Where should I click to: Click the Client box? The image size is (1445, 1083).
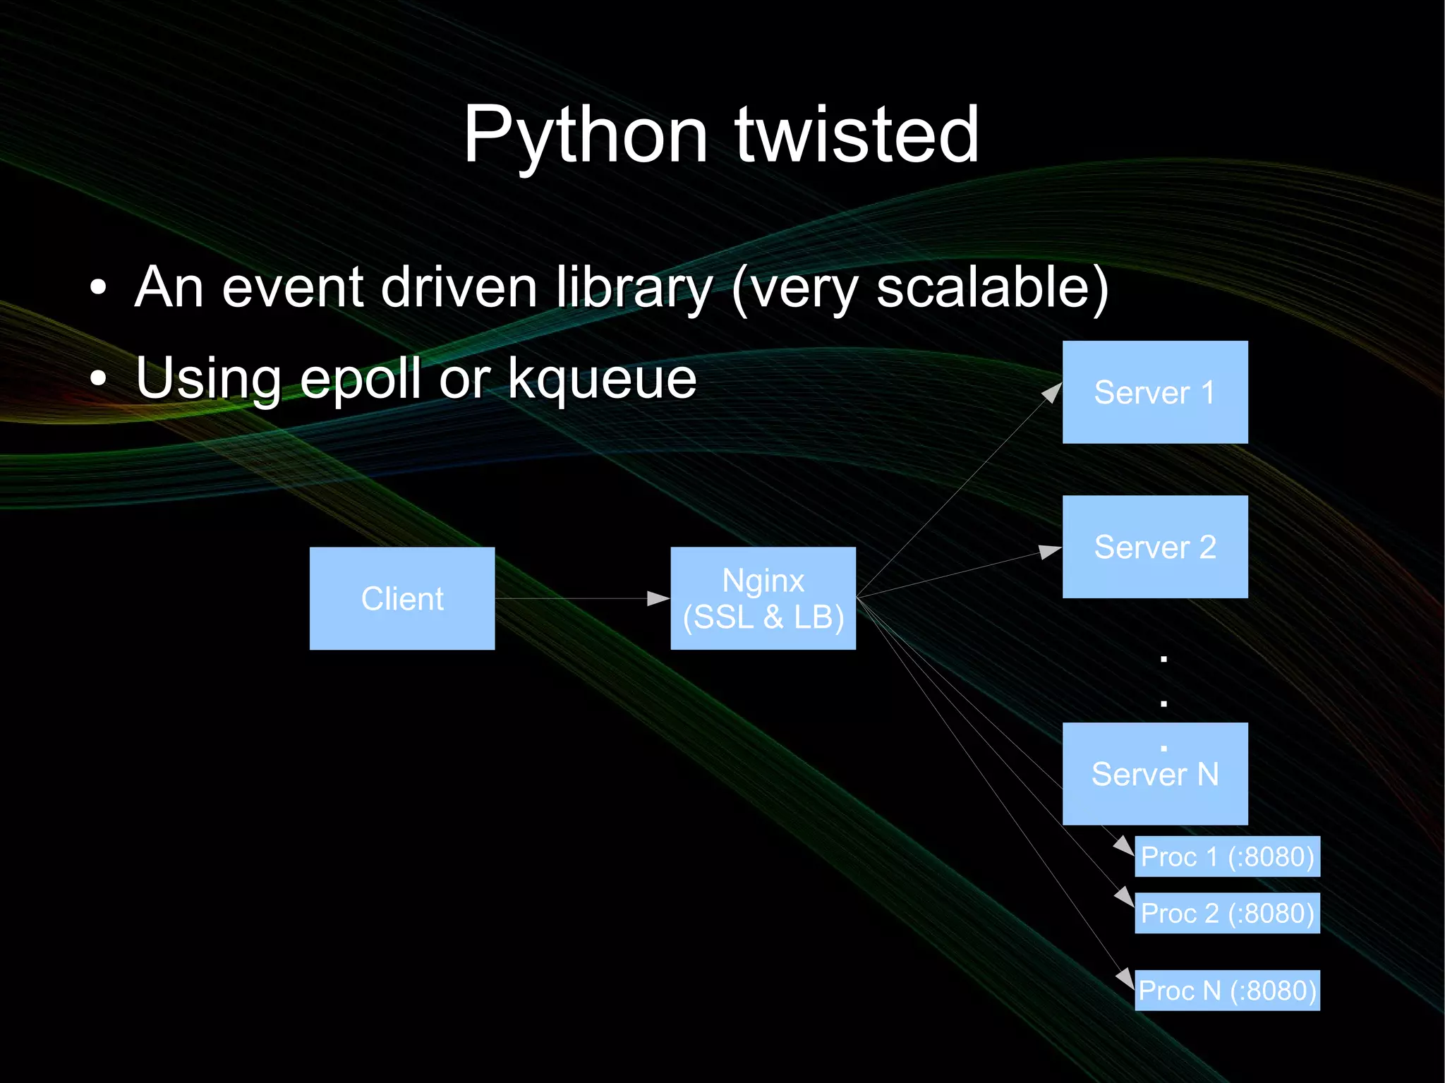pyautogui.click(x=402, y=598)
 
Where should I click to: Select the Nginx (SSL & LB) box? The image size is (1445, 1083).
pyautogui.click(x=763, y=598)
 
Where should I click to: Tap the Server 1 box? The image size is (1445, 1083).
pyautogui.click(x=1155, y=392)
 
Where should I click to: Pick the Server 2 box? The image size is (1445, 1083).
pyautogui.click(x=1155, y=547)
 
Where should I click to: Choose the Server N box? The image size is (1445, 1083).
pyautogui.click(x=1155, y=774)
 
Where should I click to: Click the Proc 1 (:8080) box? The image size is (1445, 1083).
pyautogui.click(x=1227, y=857)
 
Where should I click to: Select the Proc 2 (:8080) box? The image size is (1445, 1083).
pyautogui.click(x=1227, y=913)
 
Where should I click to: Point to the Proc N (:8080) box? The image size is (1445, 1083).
pyautogui.click(x=1227, y=991)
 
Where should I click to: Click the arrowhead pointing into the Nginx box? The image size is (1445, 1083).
pyautogui.click(x=659, y=598)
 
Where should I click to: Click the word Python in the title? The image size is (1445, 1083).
pyautogui.click(x=585, y=135)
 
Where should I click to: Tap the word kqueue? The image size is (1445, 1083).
pyautogui.click(x=602, y=380)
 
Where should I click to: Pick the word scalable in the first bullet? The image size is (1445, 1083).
pyautogui.click(x=984, y=288)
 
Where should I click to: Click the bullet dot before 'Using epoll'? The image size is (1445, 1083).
pyautogui.click(x=99, y=379)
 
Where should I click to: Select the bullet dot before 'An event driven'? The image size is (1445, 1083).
pyautogui.click(x=99, y=288)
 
